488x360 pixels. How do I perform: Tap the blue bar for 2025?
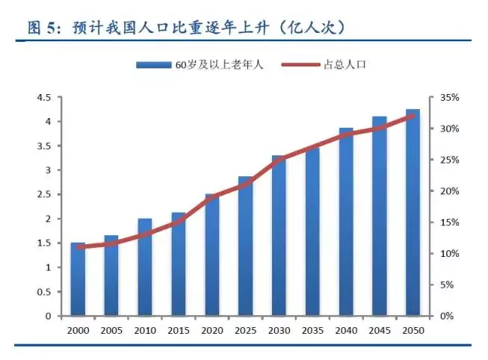(246, 246)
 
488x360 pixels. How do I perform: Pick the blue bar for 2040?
(346, 221)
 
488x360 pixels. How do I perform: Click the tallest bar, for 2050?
(413, 212)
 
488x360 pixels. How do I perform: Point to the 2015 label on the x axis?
(178, 330)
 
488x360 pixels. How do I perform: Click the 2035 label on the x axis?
(312, 330)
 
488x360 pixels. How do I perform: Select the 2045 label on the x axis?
(380, 330)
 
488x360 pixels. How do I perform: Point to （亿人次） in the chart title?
(306, 28)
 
